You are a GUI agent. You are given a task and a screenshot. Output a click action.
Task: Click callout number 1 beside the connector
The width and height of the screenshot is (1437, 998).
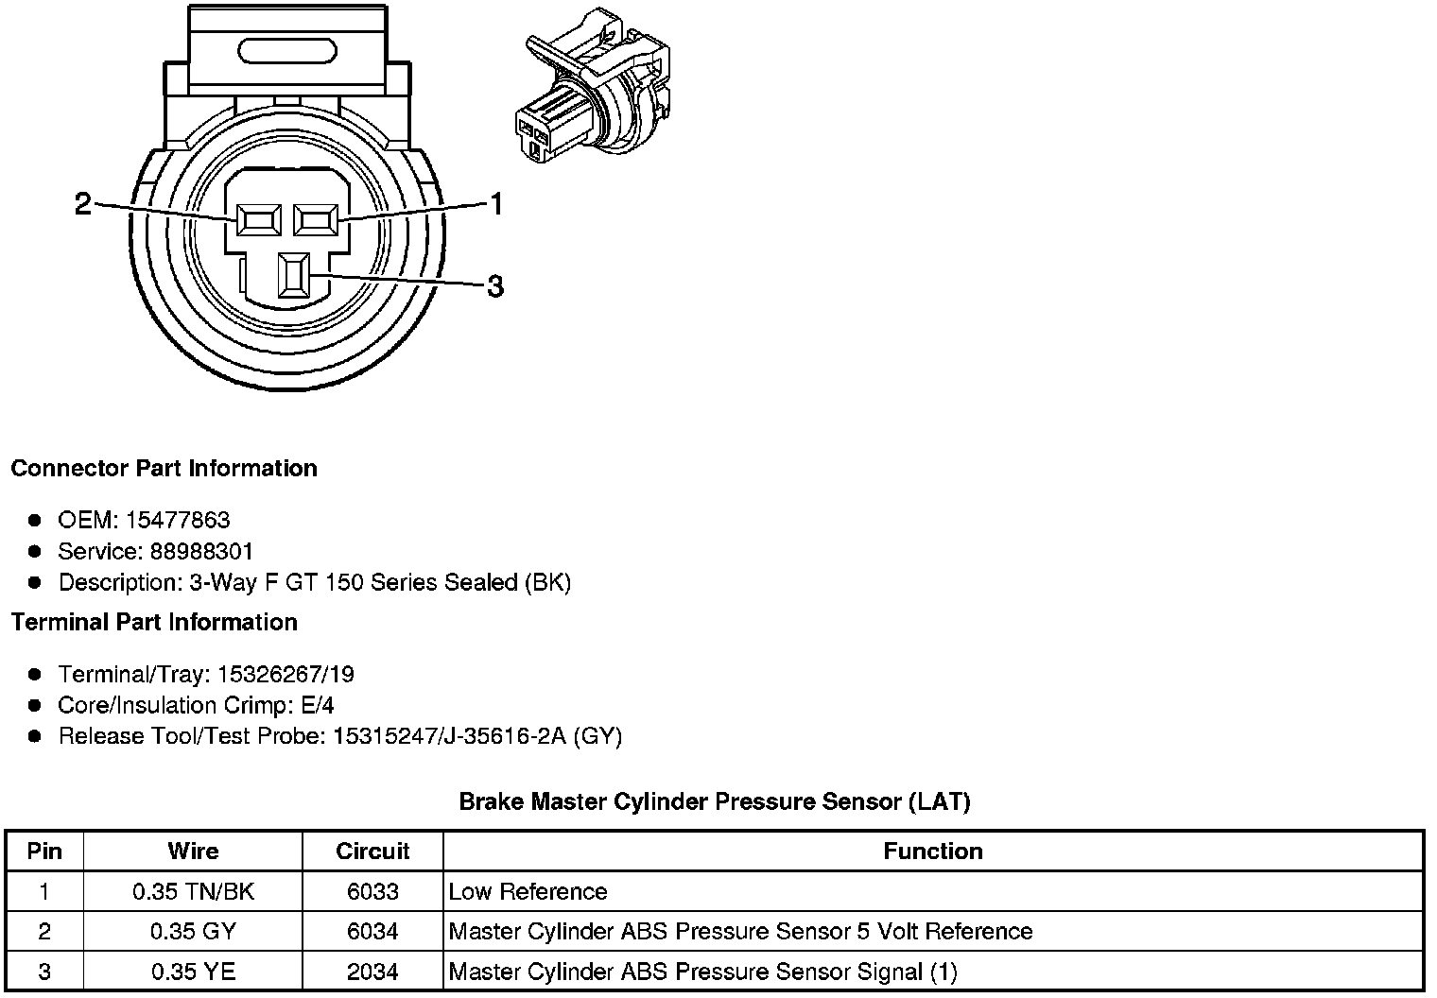pyautogui.click(x=495, y=203)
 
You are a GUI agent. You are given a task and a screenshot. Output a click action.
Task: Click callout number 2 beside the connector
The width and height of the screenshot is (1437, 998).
pyautogui.click(x=83, y=203)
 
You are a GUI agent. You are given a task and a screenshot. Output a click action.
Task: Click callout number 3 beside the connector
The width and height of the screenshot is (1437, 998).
pyautogui.click(x=494, y=285)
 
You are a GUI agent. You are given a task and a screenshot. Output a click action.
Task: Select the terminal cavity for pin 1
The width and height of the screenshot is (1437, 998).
pyautogui.click(x=316, y=220)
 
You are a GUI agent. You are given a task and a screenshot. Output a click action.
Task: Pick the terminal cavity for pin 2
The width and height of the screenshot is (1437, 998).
pyautogui.click(x=260, y=220)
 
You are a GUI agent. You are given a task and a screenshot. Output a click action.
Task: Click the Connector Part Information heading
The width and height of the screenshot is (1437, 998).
pyautogui.click(x=164, y=469)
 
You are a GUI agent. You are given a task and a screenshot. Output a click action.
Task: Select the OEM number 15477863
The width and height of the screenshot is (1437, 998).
pyautogui.click(x=178, y=520)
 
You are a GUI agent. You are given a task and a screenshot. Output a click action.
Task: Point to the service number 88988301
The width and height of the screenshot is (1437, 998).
pyautogui.click(x=201, y=551)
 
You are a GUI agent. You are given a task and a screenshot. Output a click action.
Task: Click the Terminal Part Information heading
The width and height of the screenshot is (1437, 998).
pyautogui.click(x=154, y=622)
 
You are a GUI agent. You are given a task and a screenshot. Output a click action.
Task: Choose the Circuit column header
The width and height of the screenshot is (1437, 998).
pyautogui.click(x=372, y=851)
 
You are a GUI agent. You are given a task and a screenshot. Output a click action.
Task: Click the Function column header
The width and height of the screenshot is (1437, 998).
pyautogui.click(x=932, y=851)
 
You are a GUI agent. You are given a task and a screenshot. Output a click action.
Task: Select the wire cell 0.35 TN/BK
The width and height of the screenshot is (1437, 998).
pyautogui.click(x=193, y=891)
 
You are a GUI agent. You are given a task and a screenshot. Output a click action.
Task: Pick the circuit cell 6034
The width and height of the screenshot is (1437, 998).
pyautogui.click(x=372, y=931)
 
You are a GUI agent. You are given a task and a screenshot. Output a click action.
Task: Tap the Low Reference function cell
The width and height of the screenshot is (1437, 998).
pyautogui.click(x=528, y=891)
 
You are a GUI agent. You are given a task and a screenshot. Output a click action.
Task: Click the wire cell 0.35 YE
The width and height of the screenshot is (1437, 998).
pyautogui.click(x=193, y=971)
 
